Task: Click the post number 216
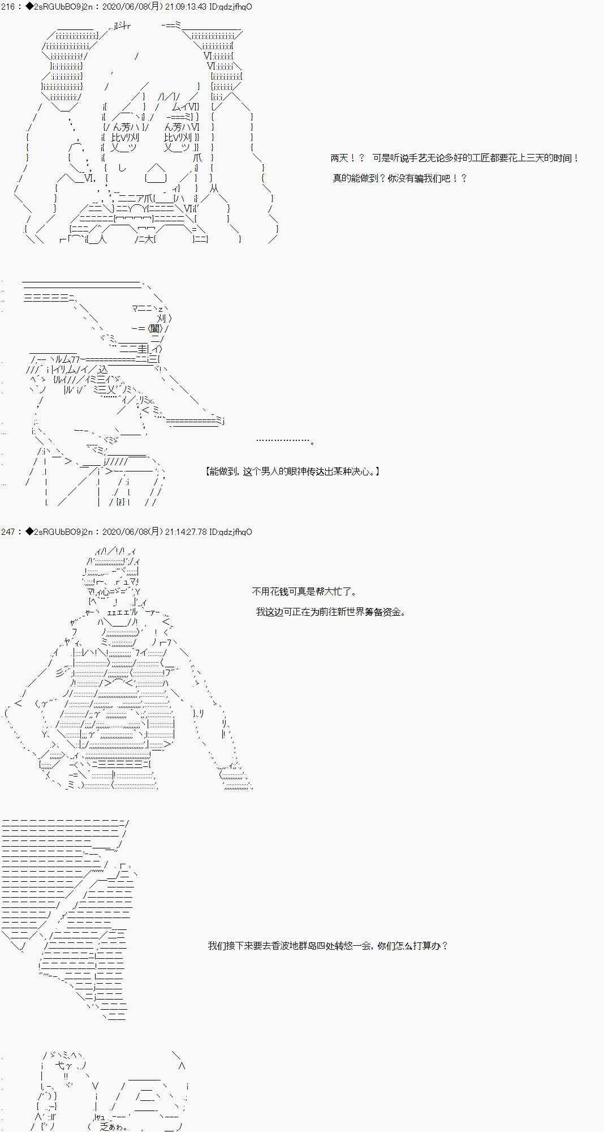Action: (x=7, y=7)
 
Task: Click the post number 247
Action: (x=7, y=532)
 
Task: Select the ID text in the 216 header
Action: (x=230, y=7)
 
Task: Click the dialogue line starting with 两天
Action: (x=455, y=158)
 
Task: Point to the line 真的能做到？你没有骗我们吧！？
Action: (x=399, y=179)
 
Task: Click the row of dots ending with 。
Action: (x=285, y=440)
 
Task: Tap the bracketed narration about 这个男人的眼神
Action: (x=292, y=471)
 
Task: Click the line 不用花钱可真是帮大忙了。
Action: (x=304, y=591)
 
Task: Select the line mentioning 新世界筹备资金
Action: (x=330, y=612)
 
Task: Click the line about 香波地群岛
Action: (x=328, y=946)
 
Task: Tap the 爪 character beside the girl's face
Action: (x=197, y=158)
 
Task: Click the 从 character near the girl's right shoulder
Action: (x=214, y=188)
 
